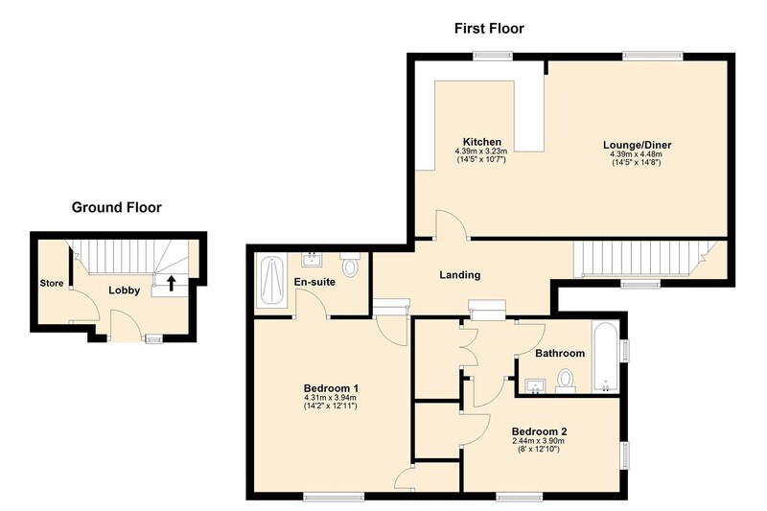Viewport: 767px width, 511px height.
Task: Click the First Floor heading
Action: click(x=489, y=29)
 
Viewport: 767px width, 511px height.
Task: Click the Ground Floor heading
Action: click(x=116, y=207)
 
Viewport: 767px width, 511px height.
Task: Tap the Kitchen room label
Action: click(x=482, y=142)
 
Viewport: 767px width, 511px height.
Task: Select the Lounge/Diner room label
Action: click(x=637, y=145)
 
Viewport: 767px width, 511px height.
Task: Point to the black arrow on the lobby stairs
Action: click(x=172, y=283)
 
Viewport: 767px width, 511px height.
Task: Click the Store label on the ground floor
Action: click(x=52, y=283)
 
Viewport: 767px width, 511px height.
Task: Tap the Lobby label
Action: click(x=125, y=290)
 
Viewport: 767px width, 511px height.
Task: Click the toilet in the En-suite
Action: click(x=350, y=265)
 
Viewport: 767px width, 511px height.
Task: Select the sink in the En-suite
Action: click(x=312, y=259)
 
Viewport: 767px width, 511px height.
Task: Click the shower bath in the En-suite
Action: click(x=272, y=281)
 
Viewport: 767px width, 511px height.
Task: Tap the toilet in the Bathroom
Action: click(x=566, y=382)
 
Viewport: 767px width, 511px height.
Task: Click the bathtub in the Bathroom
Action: click(x=606, y=357)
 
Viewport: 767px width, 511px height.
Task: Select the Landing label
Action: click(x=460, y=275)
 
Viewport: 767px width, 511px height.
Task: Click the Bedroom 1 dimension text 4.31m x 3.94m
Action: click(x=330, y=398)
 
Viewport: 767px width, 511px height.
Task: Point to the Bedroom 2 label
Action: click(x=539, y=431)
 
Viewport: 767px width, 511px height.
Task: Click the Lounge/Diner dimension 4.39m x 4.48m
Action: click(x=637, y=154)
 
